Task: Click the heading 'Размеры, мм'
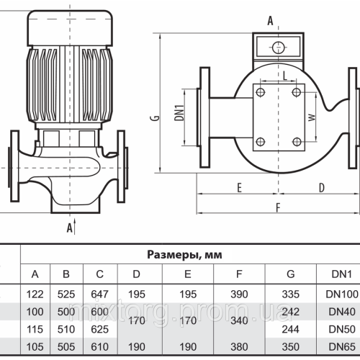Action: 185,254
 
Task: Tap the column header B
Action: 66,274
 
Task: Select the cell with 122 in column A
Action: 35,294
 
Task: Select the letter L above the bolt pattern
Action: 285,76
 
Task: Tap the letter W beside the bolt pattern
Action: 312,116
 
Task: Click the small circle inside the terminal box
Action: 277,48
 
